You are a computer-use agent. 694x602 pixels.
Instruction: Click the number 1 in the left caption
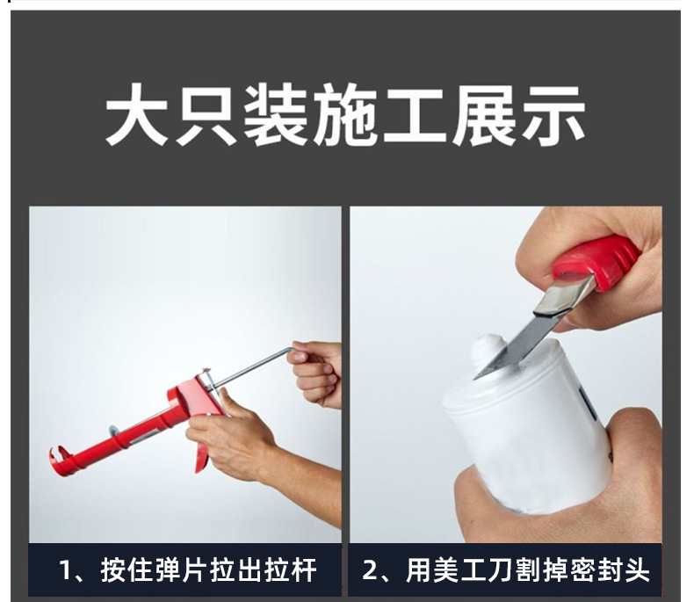pyautogui.click(x=65, y=570)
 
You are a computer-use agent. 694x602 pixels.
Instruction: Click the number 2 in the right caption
pyautogui.click(x=369, y=570)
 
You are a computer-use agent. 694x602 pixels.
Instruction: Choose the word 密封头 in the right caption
pyautogui.click(x=611, y=570)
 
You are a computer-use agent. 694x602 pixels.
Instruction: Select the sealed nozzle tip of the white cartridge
pyautogui.click(x=486, y=350)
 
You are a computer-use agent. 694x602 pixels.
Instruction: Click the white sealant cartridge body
pyautogui.click(x=531, y=430)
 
